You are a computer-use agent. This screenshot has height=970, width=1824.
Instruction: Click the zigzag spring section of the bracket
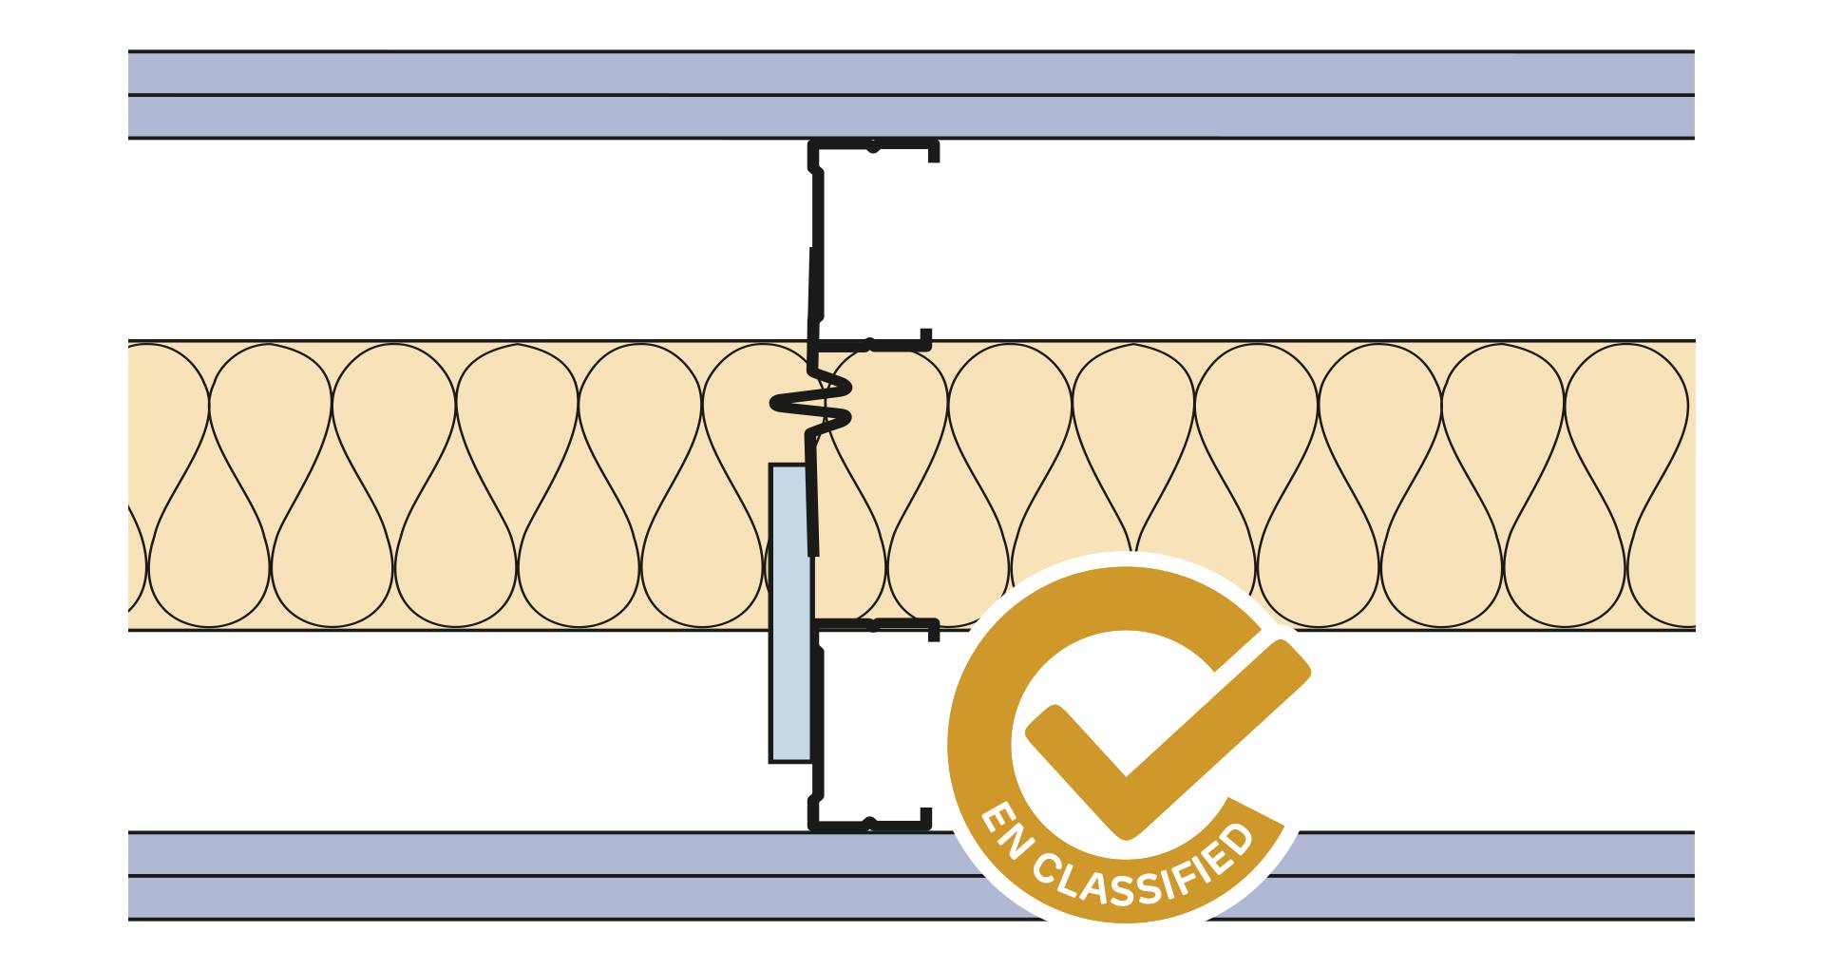[812, 405]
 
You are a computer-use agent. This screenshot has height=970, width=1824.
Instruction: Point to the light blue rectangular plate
[789, 613]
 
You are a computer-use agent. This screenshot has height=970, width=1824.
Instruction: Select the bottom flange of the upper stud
[869, 344]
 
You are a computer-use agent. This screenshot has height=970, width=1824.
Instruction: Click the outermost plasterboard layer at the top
[475, 72]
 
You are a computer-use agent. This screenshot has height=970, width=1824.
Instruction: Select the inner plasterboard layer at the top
[475, 117]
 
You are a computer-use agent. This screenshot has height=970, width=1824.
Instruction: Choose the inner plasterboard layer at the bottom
[475, 853]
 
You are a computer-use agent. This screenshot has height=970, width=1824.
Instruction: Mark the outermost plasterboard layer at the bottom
[475, 898]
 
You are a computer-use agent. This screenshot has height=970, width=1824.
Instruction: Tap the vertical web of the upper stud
[816, 247]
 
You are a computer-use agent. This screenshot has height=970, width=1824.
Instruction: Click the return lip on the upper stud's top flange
[935, 153]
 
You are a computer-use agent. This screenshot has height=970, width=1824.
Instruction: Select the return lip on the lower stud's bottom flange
[926, 818]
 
